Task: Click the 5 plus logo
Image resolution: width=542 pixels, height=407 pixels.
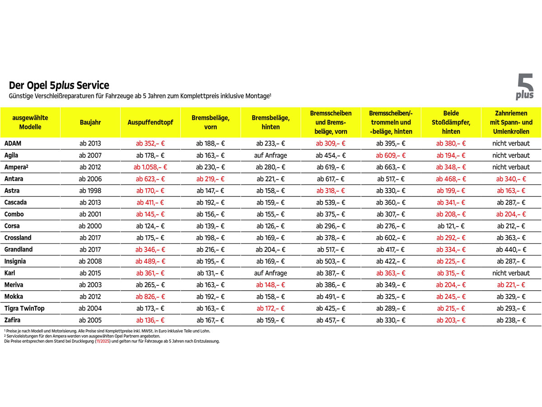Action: point(525,87)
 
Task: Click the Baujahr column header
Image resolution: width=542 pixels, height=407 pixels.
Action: point(90,122)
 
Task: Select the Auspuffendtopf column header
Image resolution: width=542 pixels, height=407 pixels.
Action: point(150,122)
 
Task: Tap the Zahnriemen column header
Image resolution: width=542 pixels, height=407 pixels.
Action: point(511,122)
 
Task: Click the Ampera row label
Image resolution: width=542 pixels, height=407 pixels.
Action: point(14,167)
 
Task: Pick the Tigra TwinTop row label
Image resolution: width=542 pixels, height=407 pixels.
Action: point(24,308)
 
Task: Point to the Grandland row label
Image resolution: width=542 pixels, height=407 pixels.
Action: point(19,249)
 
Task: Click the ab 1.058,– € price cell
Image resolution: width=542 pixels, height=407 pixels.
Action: point(150,167)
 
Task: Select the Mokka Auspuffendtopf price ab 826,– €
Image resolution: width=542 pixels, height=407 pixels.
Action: point(150,296)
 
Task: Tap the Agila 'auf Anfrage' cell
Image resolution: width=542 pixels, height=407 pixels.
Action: point(271,155)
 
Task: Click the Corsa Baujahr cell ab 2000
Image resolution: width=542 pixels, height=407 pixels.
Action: point(90,226)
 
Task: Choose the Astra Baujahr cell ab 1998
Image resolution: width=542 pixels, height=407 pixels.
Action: point(90,190)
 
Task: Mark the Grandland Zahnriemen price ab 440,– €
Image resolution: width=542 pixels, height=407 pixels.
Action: point(511,249)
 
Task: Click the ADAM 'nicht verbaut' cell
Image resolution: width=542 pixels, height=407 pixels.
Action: point(511,143)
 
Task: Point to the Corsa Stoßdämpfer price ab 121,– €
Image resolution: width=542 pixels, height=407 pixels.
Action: point(451,226)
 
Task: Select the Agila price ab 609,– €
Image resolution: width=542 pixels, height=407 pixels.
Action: point(391,155)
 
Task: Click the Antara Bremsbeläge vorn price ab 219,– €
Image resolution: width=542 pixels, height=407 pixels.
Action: point(210,179)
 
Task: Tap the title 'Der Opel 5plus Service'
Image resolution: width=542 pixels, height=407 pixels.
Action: point(59,85)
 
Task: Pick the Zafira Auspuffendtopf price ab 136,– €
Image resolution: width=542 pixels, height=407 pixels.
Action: point(150,320)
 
